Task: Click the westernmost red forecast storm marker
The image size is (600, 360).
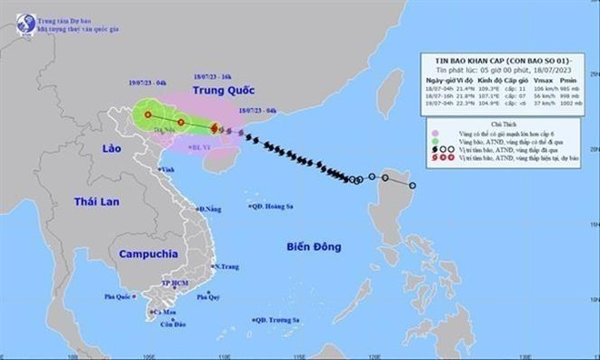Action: (x=146, y=115)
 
